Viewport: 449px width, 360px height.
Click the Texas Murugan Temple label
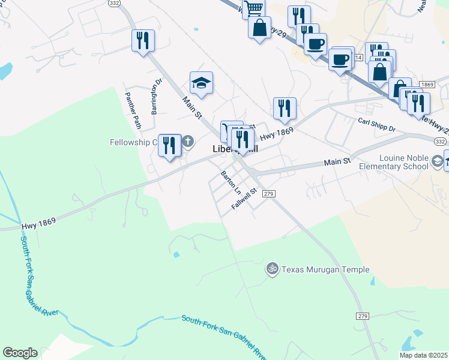tap(326, 270)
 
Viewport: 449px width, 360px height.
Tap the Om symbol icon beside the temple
tap(273, 270)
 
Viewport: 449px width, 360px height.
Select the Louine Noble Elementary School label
tap(398, 166)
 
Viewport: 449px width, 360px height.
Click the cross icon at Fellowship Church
tap(188, 142)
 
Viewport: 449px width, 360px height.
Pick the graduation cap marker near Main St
tap(202, 83)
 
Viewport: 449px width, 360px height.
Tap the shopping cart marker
tap(254, 8)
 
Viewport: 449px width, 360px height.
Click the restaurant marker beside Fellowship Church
tap(170, 146)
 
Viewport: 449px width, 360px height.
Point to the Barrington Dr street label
tap(157, 96)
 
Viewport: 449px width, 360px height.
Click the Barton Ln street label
tap(231, 183)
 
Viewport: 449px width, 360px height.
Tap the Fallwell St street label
tap(244, 199)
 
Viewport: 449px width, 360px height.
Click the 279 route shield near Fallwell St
tap(268, 193)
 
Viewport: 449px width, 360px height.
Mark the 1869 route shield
tap(427, 85)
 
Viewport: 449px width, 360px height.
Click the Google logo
tap(20, 353)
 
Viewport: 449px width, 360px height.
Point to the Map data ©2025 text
tap(423, 355)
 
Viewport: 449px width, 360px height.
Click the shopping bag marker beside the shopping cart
tap(259, 28)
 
